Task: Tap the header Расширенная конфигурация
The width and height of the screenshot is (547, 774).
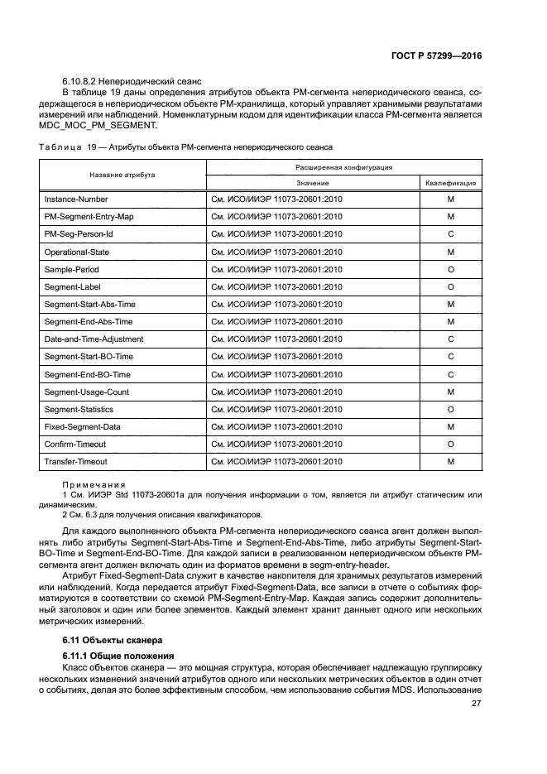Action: pos(341,166)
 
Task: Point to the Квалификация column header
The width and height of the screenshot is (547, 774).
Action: pos(450,183)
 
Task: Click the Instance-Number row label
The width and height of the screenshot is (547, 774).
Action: pos(75,200)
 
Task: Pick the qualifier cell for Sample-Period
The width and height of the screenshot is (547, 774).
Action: pos(450,269)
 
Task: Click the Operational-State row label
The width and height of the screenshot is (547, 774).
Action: pos(77,252)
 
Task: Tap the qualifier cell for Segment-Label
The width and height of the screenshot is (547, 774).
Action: pos(450,286)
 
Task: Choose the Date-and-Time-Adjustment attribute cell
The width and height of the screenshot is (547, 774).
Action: pos(94,339)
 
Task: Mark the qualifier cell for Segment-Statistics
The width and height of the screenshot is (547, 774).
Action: pos(450,409)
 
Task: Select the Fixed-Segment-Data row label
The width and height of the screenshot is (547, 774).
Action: pos(82,426)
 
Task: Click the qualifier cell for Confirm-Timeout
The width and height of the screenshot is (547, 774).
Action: pos(450,444)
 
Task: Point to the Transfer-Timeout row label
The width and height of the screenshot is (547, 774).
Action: pos(75,461)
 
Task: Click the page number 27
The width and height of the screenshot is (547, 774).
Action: pos(476,704)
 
